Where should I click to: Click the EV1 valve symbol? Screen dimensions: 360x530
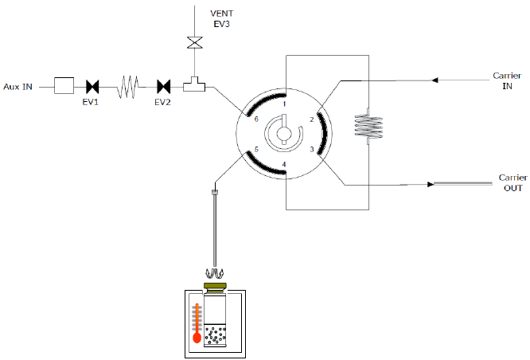coord(92,85)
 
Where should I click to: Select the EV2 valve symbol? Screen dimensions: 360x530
coord(164,85)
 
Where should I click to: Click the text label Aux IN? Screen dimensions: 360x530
coord(18,86)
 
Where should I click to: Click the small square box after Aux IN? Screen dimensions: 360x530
coord(64,85)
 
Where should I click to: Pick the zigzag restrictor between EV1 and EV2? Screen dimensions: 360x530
coord(128,85)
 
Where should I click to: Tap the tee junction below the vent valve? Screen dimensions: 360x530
coord(193,84)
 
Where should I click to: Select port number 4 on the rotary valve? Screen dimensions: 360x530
coord(284,165)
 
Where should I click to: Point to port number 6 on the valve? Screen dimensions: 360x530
coord(256,119)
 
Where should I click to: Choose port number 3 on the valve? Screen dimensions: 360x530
coord(311,150)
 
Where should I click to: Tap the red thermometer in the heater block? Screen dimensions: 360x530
coord(197,324)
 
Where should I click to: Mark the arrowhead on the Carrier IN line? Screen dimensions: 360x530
coord(435,80)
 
